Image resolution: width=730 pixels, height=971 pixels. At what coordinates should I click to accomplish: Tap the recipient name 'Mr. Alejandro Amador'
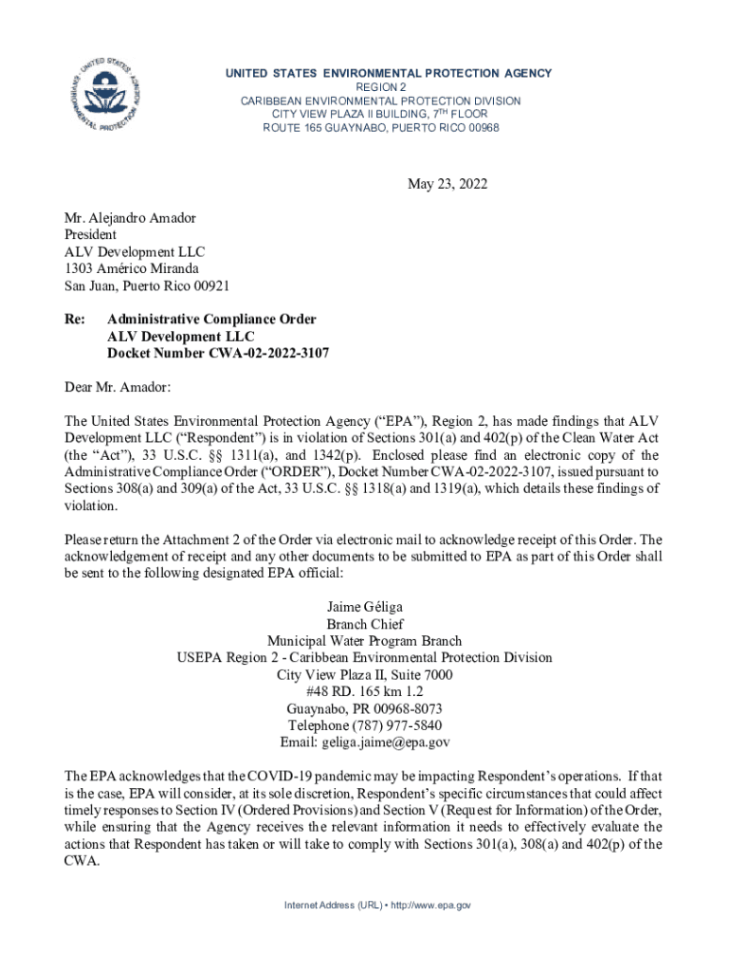tap(130, 218)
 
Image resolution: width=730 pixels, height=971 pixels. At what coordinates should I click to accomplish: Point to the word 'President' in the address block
tap(90, 235)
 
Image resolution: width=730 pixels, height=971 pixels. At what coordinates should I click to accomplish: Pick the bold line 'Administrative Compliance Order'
tap(211, 320)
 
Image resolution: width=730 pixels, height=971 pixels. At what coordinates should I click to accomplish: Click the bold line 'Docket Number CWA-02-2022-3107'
tap(218, 353)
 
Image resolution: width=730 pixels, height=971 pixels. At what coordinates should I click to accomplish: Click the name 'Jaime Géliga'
tap(364, 606)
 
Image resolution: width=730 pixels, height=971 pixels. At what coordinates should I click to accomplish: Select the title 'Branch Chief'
tap(364, 624)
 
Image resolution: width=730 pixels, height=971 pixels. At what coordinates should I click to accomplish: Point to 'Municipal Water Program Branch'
tap(364, 641)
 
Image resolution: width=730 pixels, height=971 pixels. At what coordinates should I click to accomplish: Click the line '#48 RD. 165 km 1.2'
tap(364, 691)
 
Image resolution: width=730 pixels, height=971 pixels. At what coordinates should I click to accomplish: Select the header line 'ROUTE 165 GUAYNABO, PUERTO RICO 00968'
tap(380, 128)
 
